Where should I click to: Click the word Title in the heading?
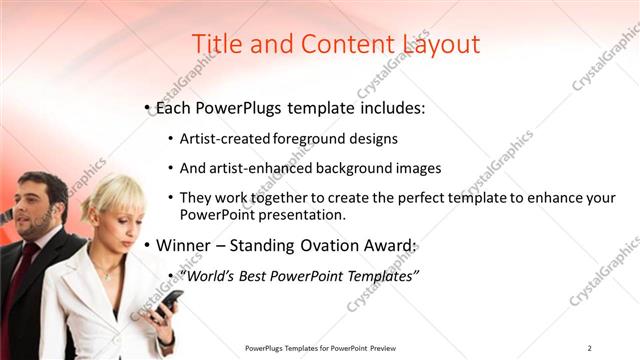(214, 44)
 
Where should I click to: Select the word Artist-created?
(222, 138)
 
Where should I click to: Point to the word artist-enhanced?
(259, 168)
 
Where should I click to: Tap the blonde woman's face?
(112, 222)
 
